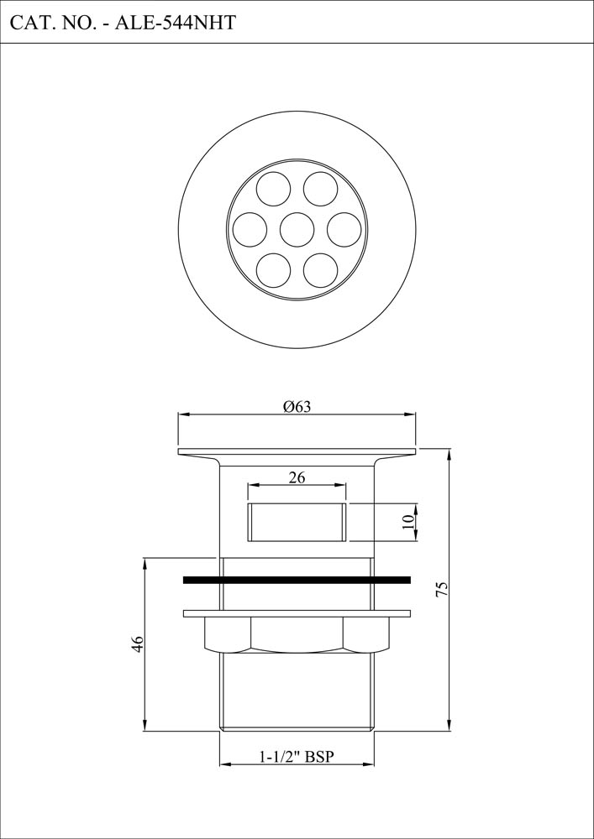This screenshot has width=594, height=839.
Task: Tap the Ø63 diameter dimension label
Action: [x=297, y=407]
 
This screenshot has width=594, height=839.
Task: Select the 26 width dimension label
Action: [x=297, y=477]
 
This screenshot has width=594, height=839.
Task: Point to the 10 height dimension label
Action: [x=407, y=521]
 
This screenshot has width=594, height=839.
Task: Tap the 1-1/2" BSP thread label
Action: [x=297, y=757]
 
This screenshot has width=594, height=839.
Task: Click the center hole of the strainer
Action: [x=297, y=229]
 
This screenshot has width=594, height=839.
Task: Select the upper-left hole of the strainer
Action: [x=273, y=189]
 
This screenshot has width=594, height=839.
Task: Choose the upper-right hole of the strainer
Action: [x=320, y=189]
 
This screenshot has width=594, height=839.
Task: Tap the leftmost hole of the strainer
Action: [x=250, y=229]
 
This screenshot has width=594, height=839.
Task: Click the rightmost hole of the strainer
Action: [x=344, y=229]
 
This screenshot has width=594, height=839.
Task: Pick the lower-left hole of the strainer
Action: [x=273, y=269]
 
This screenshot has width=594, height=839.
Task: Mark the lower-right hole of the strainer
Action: [x=320, y=269]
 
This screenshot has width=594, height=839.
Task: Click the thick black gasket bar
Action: [x=297, y=579]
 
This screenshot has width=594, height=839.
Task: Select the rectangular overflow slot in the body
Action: [x=297, y=522]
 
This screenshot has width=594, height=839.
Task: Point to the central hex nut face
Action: [x=297, y=633]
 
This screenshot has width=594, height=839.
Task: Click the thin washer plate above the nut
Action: [x=297, y=612]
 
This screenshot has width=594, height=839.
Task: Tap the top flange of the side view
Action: [x=297, y=452]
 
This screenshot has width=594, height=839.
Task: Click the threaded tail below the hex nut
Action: [x=297, y=692]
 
